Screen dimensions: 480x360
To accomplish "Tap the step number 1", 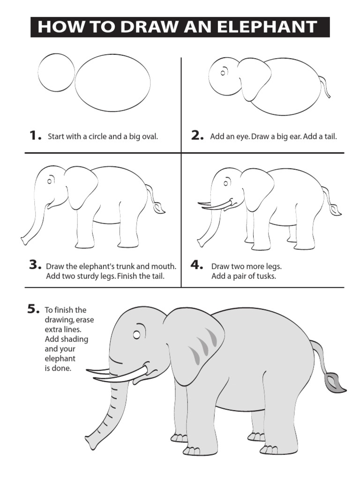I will click(x=35, y=136).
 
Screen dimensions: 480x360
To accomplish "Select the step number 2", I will click(x=197, y=136).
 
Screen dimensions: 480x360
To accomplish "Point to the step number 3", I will click(x=35, y=265).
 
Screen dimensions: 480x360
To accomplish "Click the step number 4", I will click(x=196, y=265).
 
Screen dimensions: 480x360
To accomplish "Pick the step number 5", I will click(x=33, y=309).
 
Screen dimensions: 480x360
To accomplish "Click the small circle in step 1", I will click(x=56, y=74).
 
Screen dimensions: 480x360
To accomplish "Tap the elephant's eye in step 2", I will click(x=224, y=72).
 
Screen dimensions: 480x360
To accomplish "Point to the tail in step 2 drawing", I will click(x=325, y=86).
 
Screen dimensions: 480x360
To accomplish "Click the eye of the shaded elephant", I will click(x=136, y=335).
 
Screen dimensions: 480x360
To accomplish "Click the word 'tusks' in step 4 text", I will click(x=265, y=277).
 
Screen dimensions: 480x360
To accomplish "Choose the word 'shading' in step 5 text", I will click(x=73, y=339).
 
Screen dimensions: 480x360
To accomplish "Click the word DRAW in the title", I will click(x=139, y=27).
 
